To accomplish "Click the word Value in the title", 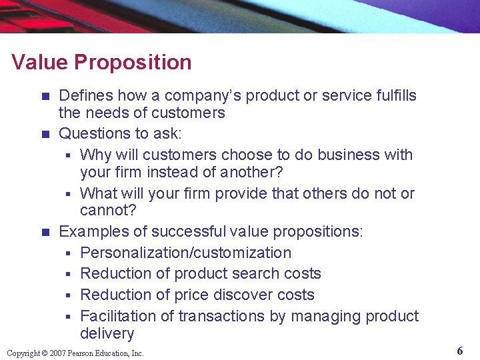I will coord(40,63).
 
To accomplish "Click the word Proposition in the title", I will coord(133,63).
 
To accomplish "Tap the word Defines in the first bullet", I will coord(83,95).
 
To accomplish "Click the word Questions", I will coord(92,134).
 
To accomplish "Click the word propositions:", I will coord(321,231).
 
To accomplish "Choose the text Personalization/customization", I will coord(185,253).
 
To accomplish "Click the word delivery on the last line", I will coord(107,333).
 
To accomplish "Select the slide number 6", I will coord(460,351).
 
